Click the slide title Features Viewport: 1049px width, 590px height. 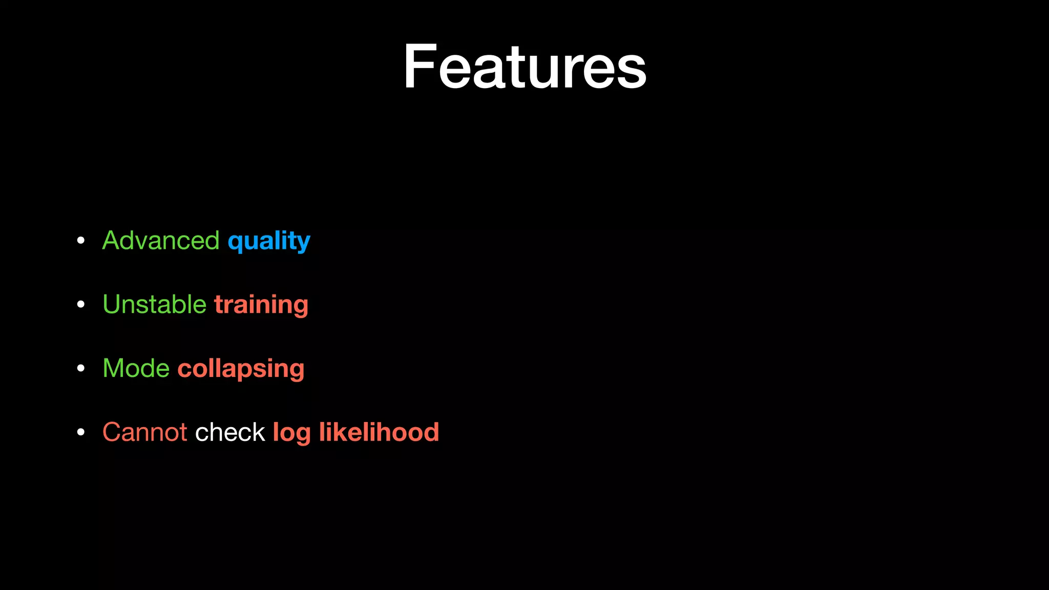tap(524, 67)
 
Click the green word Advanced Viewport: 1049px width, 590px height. tap(161, 240)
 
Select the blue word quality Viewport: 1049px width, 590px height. tap(269, 241)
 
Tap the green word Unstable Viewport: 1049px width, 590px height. tap(154, 304)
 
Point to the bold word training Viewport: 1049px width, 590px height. tap(261, 305)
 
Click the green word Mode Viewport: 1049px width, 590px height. tap(136, 368)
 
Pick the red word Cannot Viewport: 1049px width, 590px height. tap(145, 432)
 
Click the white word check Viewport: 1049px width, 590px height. tap(230, 432)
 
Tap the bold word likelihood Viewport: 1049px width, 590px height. tap(379, 432)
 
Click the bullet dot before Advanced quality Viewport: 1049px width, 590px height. tap(80, 241)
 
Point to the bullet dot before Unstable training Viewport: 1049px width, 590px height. tap(80, 305)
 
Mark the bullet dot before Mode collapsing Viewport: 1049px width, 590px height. tap(80, 369)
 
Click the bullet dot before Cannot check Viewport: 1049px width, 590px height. tap(80, 433)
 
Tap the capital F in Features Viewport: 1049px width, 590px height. tap(419, 67)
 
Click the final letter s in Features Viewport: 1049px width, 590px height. tap(632, 72)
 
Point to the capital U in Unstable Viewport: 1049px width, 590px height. tap(112, 304)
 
